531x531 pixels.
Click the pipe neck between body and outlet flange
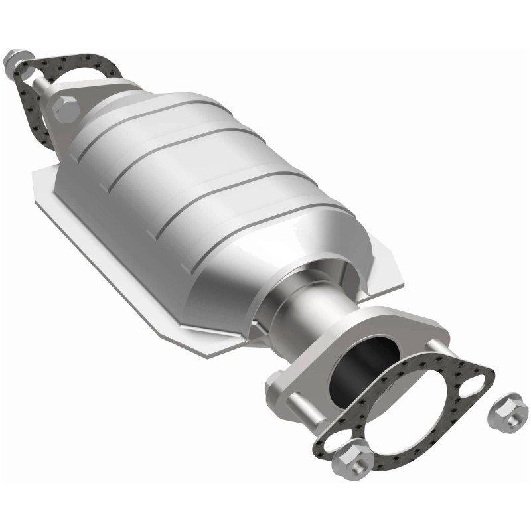[312, 312]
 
